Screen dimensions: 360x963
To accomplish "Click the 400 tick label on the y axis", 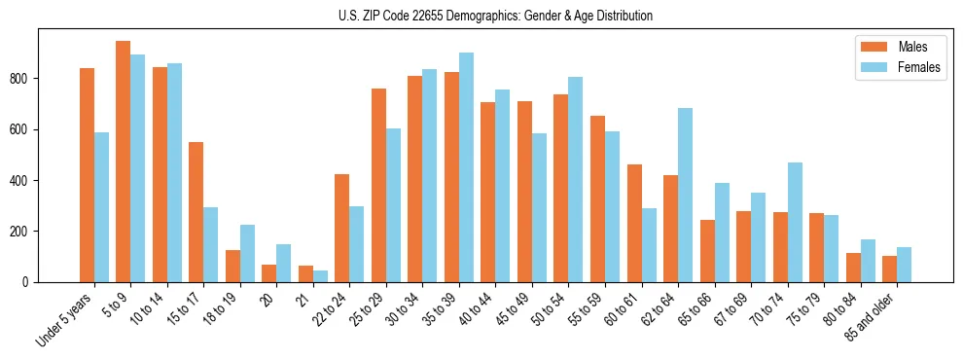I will (26, 180).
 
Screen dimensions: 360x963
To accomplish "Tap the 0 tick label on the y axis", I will (31, 282).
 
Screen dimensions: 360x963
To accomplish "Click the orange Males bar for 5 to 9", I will (124, 162).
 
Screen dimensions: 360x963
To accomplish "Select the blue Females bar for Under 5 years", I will (101, 207).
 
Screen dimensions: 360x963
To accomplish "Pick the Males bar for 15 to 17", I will (196, 212).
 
